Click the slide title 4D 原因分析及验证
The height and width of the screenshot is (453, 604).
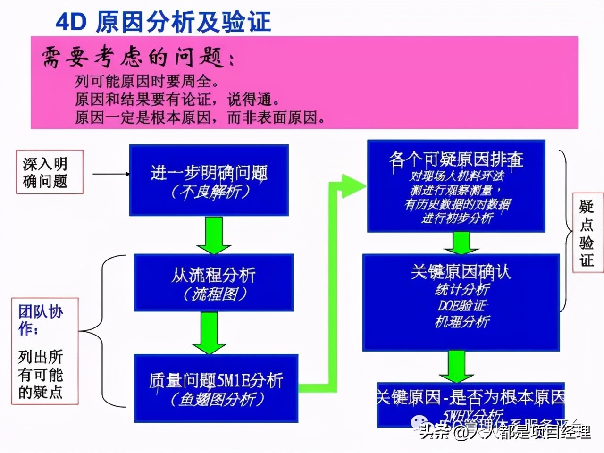pos(163,22)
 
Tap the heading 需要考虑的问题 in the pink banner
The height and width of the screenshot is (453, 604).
pos(137,58)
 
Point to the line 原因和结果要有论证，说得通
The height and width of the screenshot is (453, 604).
pos(177,99)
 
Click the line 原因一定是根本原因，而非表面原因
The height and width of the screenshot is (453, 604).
pos(200,117)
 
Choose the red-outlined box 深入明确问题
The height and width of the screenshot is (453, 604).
pos(49,172)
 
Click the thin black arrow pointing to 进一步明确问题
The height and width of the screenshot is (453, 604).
pos(111,174)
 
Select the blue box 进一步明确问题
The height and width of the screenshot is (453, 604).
pos(209,180)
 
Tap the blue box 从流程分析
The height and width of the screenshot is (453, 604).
pos(213,282)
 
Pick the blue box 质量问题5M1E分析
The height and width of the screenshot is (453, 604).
pos(216,388)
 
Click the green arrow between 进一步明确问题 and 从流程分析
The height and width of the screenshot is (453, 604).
pos(214,235)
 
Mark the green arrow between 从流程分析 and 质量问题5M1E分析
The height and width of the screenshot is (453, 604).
pos(210,333)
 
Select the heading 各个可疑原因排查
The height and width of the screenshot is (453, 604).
pos(456,159)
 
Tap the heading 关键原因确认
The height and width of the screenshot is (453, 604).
pos(461,272)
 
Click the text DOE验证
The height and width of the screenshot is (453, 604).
pos(461,305)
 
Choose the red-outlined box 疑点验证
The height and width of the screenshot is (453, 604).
pos(587,233)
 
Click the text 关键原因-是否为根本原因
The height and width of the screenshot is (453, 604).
pos(470,397)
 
